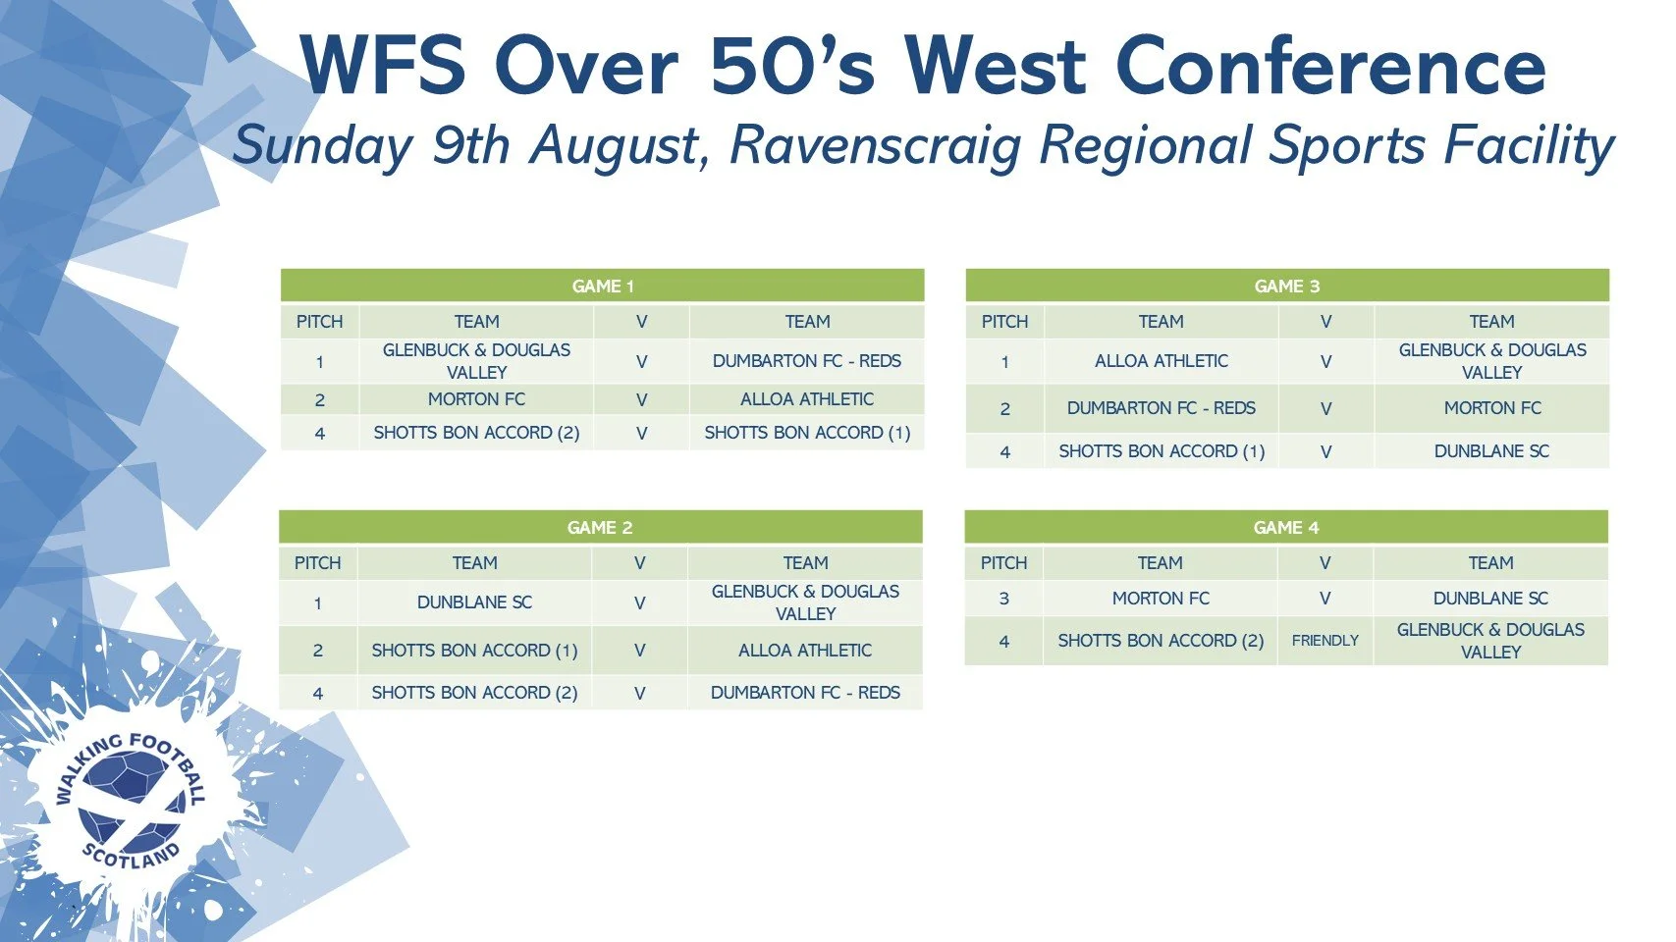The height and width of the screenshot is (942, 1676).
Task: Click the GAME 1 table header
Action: pyautogui.click(x=602, y=286)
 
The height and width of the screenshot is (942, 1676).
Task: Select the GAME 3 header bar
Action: pyautogui.click(x=1287, y=286)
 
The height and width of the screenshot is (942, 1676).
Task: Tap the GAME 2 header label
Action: pyautogui.click(x=600, y=528)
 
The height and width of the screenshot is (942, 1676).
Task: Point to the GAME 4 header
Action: pyautogui.click(x=1286, y=527)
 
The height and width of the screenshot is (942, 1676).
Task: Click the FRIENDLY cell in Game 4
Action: pyautogui.click(x=1325, y=641)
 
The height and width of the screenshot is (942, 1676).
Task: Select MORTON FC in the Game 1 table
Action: pyautogui.click(x=476, y=399)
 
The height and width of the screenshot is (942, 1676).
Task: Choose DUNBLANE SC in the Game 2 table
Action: pyautogui.click(x=474, y=602)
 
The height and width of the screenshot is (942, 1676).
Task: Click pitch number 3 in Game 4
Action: pyautogui.click(x=1004, y=599)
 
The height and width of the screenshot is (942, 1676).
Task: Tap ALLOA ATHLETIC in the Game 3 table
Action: pyautogui.click(x=1162, y=361)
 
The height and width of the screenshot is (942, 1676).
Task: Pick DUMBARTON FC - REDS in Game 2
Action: pyautogui.click(x=805, y=693)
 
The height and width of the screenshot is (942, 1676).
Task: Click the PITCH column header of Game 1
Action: pyautogui.click(x=319, y=322)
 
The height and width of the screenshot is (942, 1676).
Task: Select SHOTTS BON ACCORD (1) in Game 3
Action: pyautogui.click(x=1162, y=451)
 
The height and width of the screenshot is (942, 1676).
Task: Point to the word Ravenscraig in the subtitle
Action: pyautogui.click(x=876, y=145)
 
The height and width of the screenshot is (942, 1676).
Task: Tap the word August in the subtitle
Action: pyautogui.click(x=615, y=145)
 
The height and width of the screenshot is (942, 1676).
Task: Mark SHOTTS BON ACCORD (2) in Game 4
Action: pyautogui.click(x=1161, y=641)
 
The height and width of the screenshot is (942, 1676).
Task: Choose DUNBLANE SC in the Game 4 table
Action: pyautogui.click(x=1490, y=599)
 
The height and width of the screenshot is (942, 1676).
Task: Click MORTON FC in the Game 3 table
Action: pyautogui.click(x=1492, y=408)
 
